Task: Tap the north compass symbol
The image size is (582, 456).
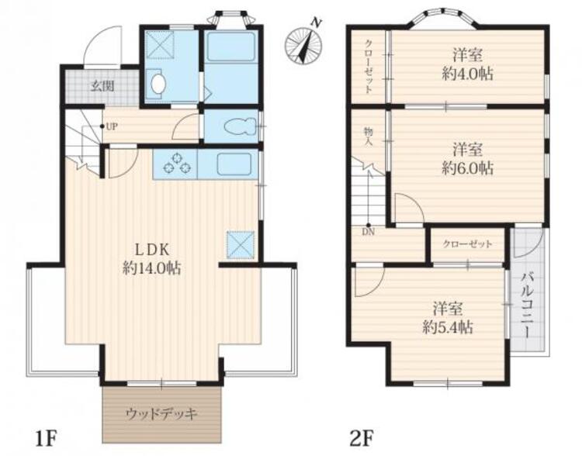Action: pos(303,43)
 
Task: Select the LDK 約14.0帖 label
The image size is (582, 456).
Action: pos(152,258)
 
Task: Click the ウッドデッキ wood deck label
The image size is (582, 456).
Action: pos(161,413)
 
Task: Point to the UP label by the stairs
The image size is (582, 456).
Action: pos(112,127)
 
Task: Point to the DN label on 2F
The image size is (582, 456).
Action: pos(369,233)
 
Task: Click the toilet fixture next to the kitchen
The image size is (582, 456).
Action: pos(240,126)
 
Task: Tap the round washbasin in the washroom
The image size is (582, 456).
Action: pos(158,84)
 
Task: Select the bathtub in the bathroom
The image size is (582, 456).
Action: pos(231,47)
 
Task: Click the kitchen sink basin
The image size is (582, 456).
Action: pos(234,164)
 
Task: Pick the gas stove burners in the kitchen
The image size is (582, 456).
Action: pos(177,163)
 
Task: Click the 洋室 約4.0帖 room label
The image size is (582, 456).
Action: pos(467,65)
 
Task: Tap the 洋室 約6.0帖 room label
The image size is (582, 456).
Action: pos(467,159)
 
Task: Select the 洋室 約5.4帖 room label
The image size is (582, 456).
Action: pos(448,318)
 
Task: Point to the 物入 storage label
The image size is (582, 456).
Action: pos(368,136)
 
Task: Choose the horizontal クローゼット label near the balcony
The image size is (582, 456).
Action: pos(467,244)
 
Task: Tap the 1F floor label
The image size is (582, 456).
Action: pos(46,438)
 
